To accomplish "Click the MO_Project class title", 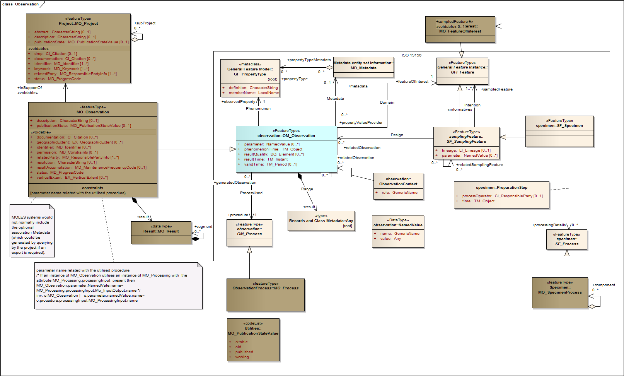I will (x=78, y=24).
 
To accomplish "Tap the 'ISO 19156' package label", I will (x=411, y=55).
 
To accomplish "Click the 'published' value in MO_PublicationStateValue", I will (x=244, y=352).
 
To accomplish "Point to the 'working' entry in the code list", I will (x=242, y=357).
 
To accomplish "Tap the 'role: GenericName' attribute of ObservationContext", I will (x=399, y=193).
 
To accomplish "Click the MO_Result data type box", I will (x=161, y=232).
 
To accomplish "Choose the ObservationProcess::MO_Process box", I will (x=265, y=294).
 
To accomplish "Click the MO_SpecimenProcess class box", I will (x=559, y=292).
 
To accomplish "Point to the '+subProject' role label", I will (x=145, y=23).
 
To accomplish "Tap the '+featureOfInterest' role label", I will (x=412, y=82).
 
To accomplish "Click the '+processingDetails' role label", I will (x=549, y=225).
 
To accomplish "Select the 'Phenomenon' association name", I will (x=258, y=109).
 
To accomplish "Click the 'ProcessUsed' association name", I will (x=251, y=193).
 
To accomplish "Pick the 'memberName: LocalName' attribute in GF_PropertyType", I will (x=253, y=93).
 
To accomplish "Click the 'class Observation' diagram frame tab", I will (x=20, y=4).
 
